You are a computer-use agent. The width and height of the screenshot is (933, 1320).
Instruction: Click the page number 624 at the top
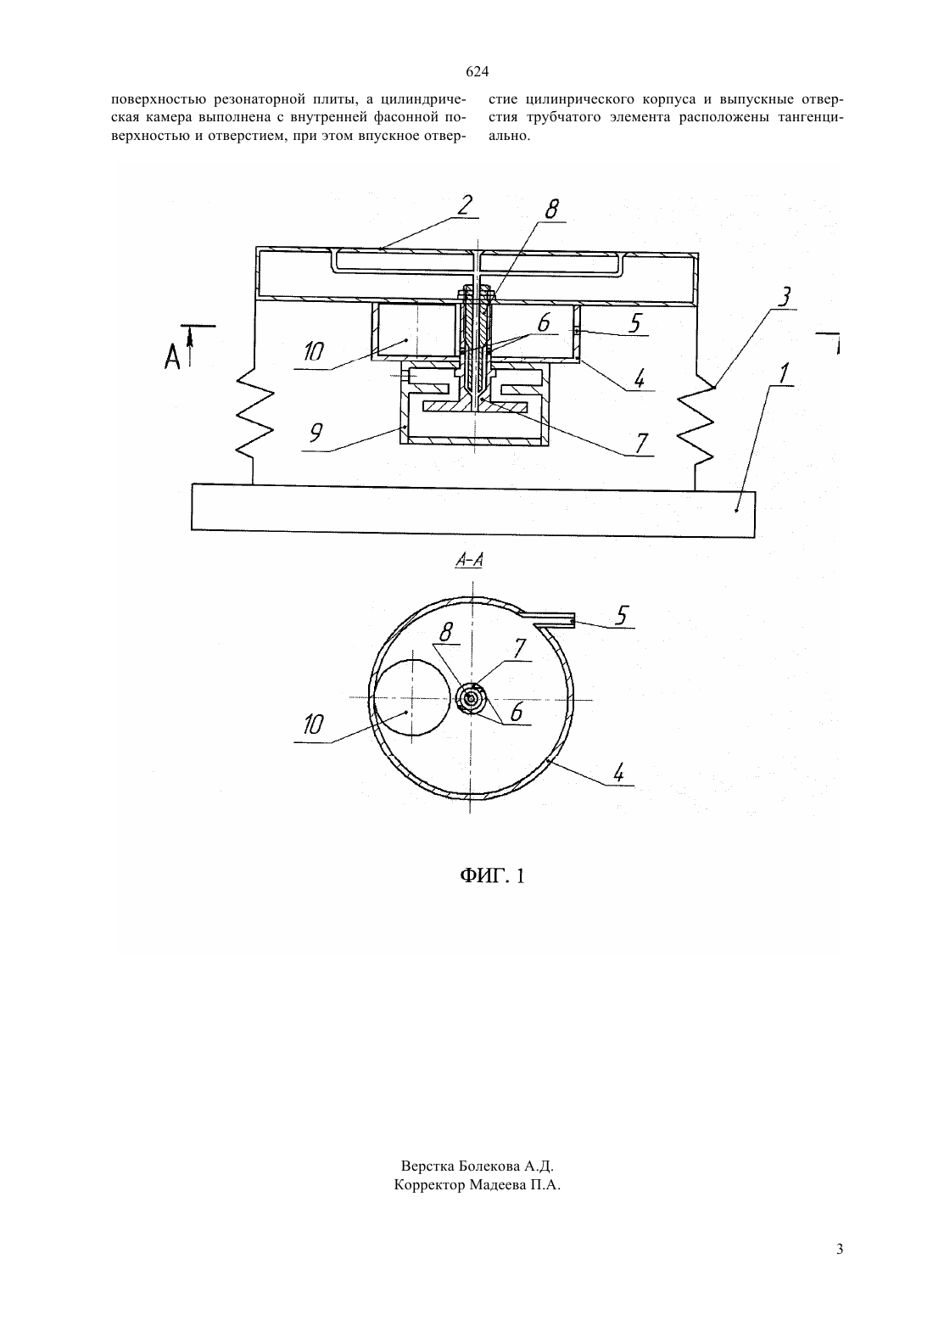click(x=477, y=72)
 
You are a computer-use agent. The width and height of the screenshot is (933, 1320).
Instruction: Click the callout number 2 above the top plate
click(x=464, y=204)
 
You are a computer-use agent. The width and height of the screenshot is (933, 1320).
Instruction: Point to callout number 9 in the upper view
click(x=316, y=433)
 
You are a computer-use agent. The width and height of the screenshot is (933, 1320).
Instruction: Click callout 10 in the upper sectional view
click(x=314, y=352)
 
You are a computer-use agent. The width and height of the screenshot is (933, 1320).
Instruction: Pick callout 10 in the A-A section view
click(x=313, y=724)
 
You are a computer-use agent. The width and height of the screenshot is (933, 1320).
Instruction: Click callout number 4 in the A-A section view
click(x=617, y=773)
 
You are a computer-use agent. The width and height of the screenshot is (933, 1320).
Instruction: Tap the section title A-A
click(x=469, y=561)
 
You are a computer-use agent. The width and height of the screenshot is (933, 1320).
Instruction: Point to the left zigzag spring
click(x=254, y=422)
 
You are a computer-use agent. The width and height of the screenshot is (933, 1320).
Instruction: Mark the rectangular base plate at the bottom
click(x=473, y=511)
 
